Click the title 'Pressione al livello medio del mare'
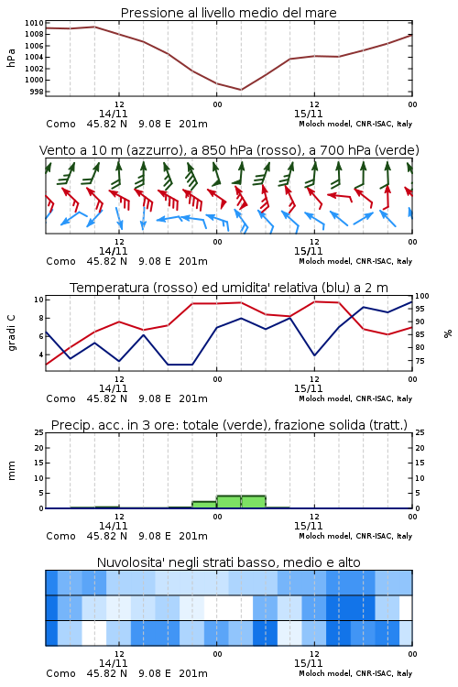pos(228,13)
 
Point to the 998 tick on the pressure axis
pos(38,92)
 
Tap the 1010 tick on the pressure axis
pos(34,23)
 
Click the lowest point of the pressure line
pos(241,90)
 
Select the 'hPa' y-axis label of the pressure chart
pos(11,58)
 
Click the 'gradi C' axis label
pos(12,333)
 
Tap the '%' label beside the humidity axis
pos(448,333)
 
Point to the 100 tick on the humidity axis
pos(422,296)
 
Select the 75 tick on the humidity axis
pos(420,361)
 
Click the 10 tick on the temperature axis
pos(38,300)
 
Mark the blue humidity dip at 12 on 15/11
pos(314,354)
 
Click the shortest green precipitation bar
pos(204,505)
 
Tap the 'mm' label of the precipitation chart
pos(12,471)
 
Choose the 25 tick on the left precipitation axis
pos(38,432)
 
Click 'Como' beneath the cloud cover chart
pos(60,673)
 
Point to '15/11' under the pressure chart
pos(308,114)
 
